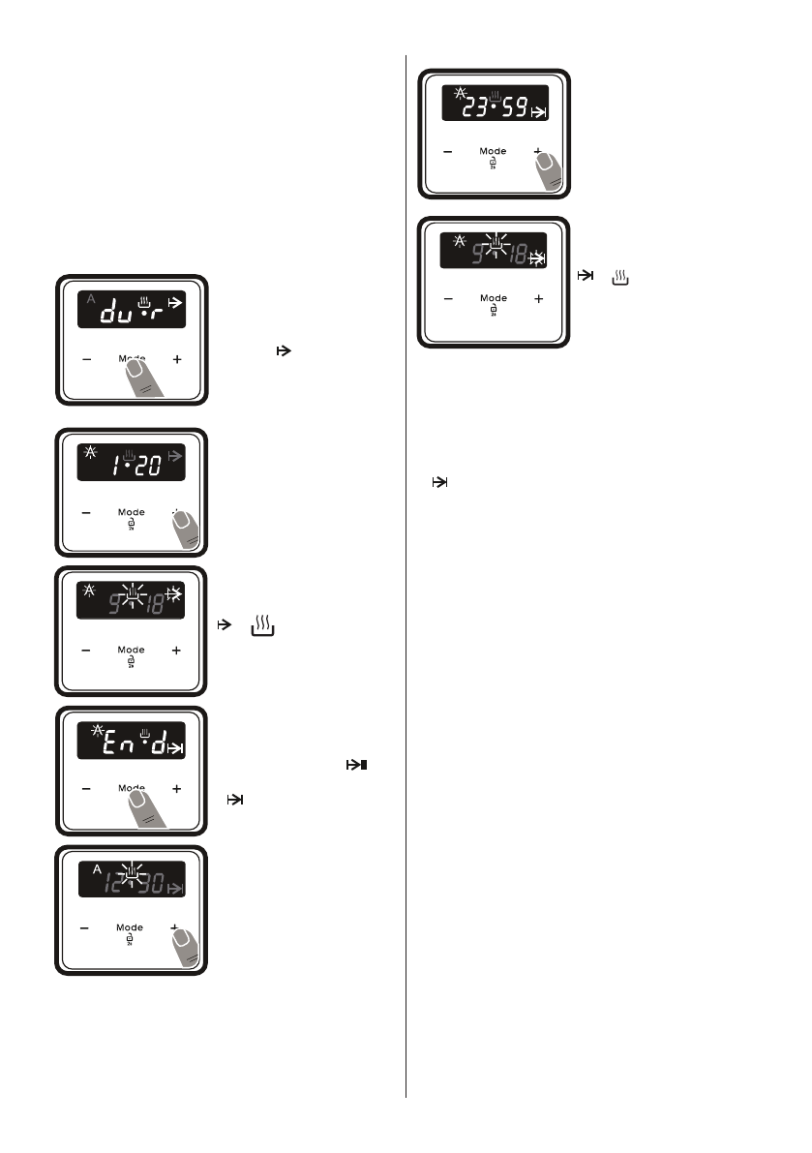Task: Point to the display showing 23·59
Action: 494,101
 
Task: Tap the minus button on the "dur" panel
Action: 85,359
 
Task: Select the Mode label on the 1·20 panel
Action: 131,512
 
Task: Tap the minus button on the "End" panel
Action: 85,789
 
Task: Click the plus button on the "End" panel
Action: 176,789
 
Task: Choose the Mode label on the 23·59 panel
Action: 494,151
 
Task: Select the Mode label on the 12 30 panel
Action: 130,927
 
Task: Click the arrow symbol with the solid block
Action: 357,766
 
